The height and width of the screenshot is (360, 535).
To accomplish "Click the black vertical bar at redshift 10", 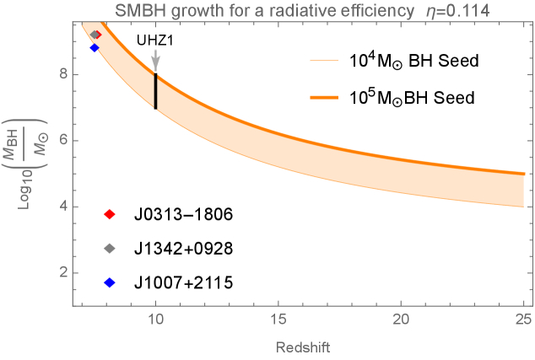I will pyautogui.click(x=155, y=91).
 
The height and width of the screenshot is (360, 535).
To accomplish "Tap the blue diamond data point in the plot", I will pyautogui.click(x=95, y=48).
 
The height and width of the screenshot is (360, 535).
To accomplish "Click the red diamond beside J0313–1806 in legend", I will pyautogui.click(x=108, y=215).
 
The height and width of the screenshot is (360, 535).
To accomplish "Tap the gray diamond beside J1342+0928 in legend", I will pyautogui.click(x=108, y=250).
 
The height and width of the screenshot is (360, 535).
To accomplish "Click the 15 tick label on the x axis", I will pyautogui.click(x=278, y=321).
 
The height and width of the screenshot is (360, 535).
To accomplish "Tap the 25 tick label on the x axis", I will pyautogui.click(x=523, y=321).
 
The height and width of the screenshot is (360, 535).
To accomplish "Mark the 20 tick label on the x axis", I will pyautogui.click(x=401, y=321).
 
